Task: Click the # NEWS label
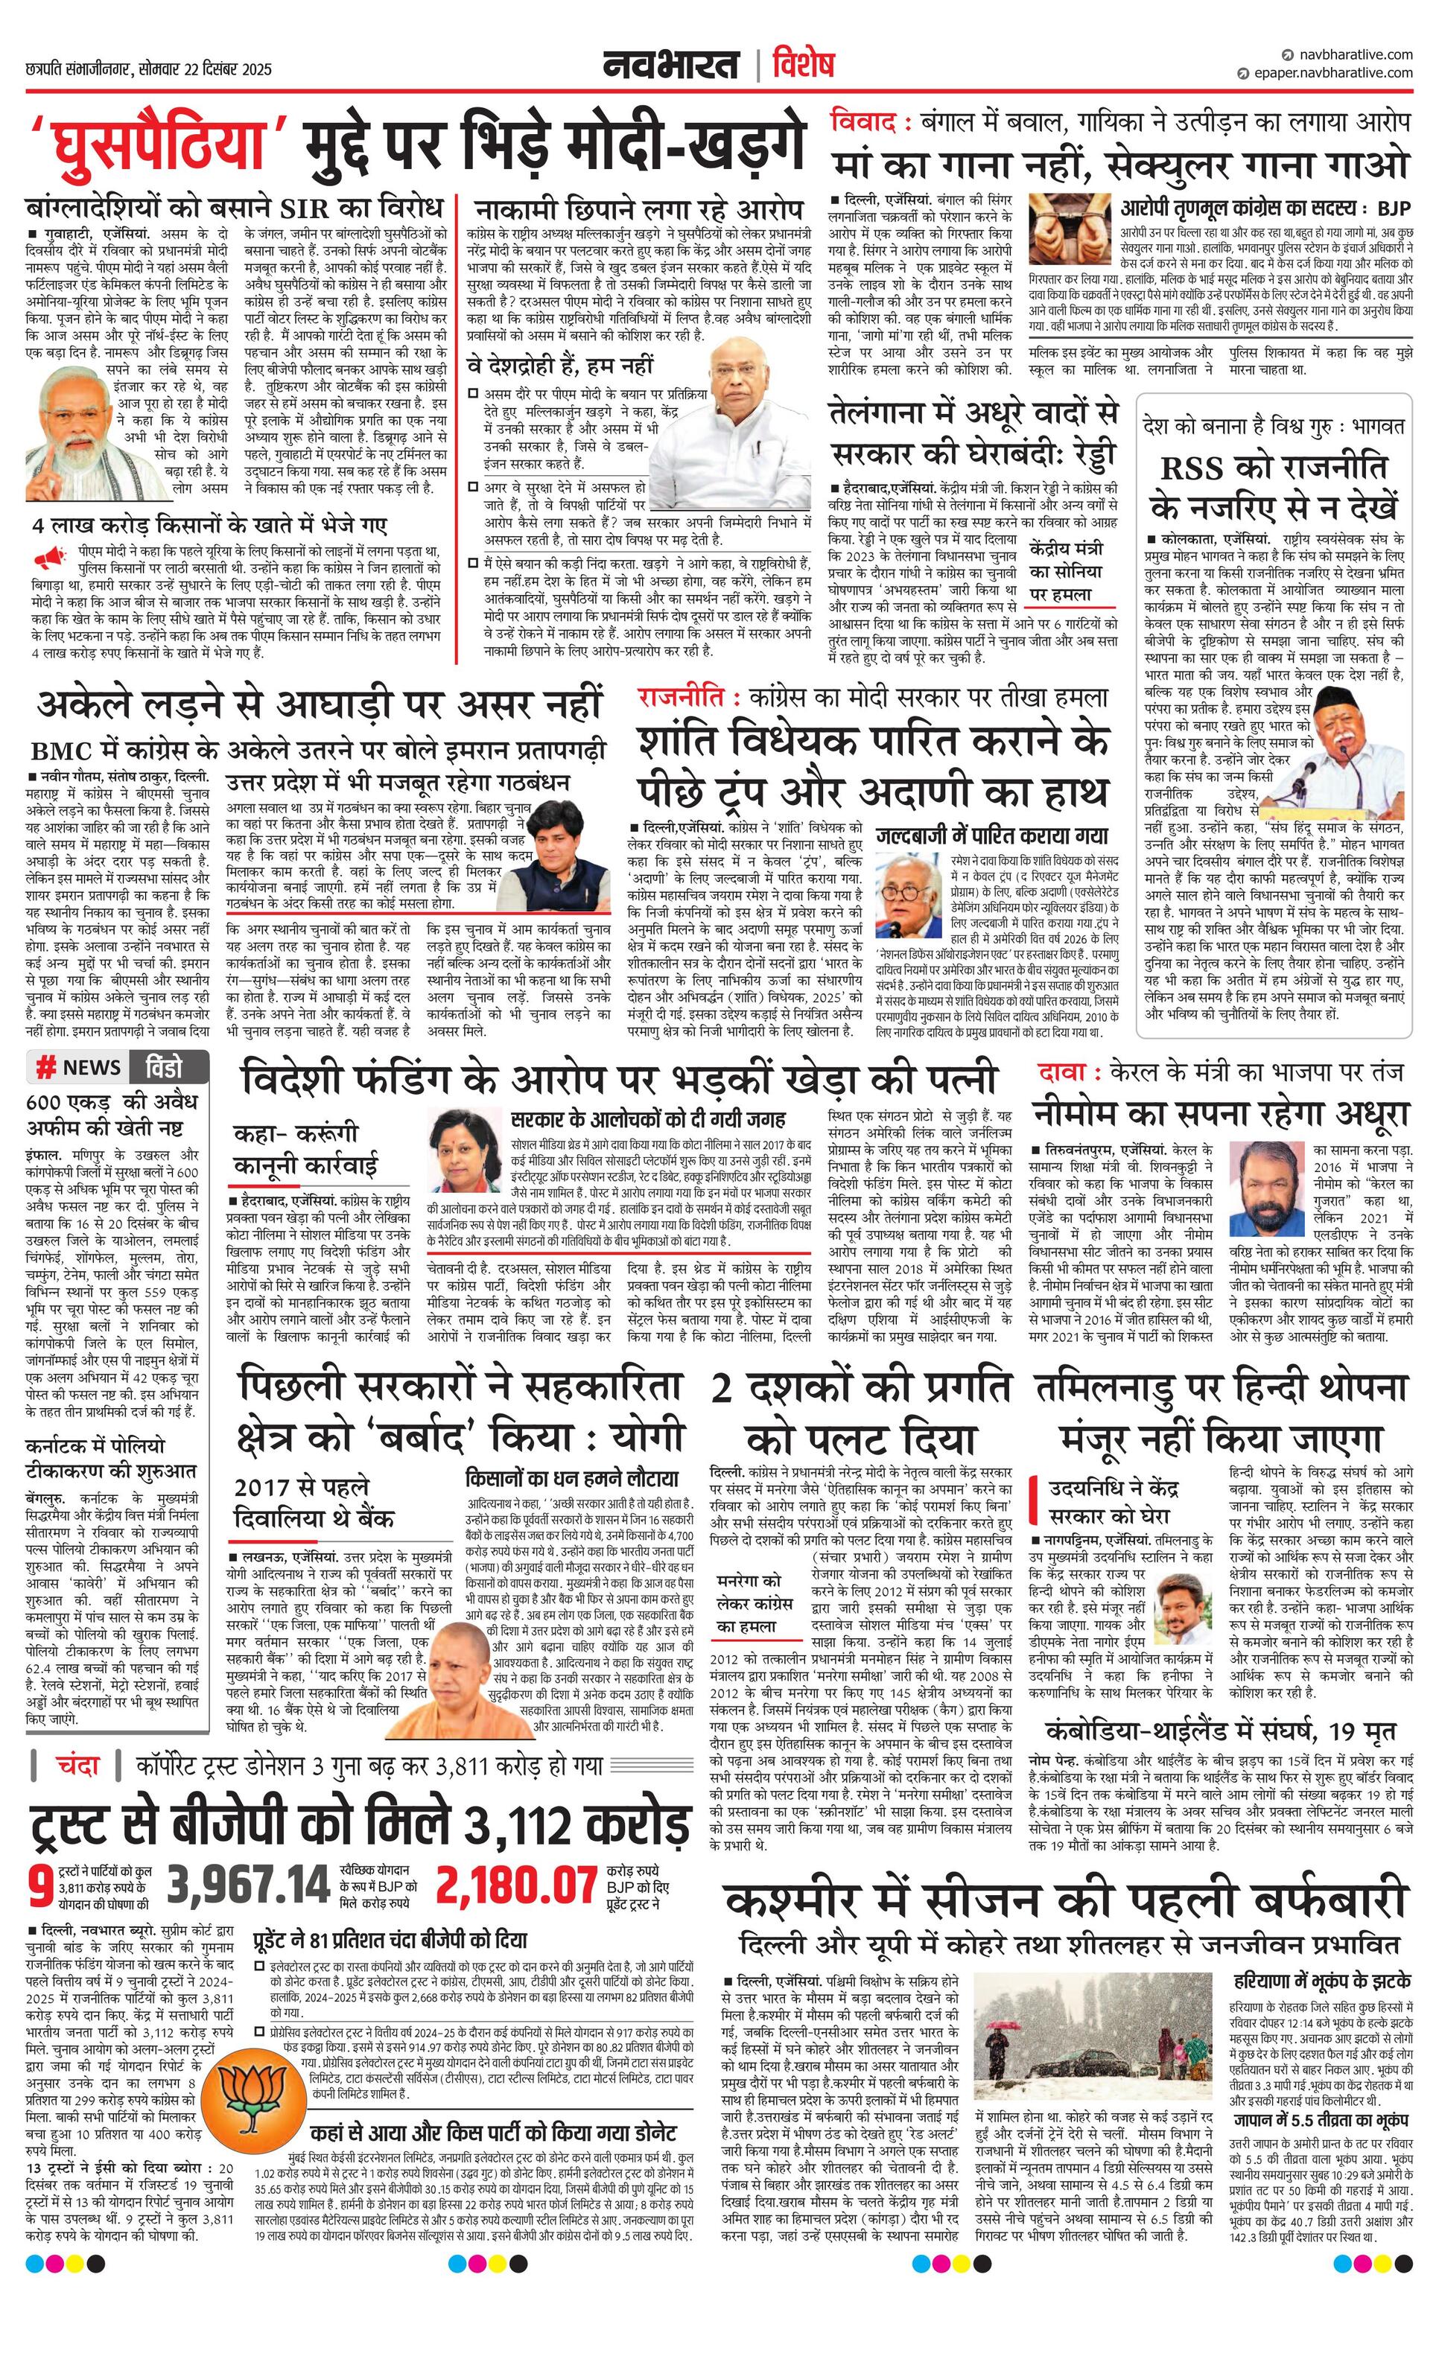(x=79, y=1067)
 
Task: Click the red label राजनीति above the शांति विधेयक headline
(x=685, y=698)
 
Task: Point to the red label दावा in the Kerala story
(x=1064, y=1071)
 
